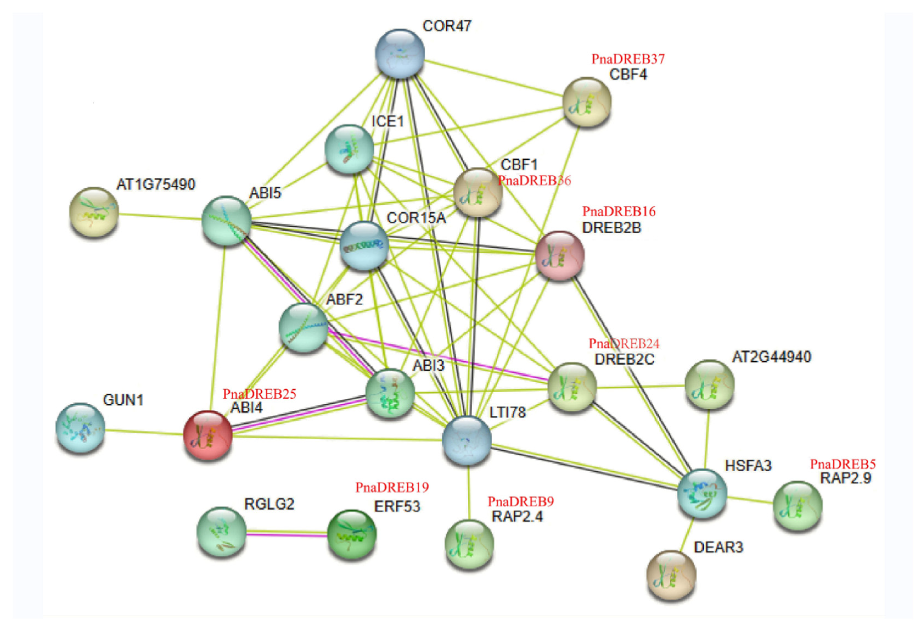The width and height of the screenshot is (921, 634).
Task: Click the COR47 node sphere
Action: click(x=400, y=53)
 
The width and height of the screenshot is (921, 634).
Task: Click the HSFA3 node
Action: click(x=702, y=494)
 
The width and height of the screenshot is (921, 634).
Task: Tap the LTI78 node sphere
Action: click(x=467, y=440)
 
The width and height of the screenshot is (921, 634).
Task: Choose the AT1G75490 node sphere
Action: click(x=94, y=212)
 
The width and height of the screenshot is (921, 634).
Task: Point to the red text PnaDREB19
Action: click(x=392, y=487)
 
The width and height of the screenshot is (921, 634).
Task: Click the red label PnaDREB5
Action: click(x=843, y=464)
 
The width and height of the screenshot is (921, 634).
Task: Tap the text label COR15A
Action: click(x=416, y=218)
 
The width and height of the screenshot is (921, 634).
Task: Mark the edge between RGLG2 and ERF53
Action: click(x=286, y=534)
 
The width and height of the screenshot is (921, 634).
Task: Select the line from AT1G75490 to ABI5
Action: click(x=159, y=216)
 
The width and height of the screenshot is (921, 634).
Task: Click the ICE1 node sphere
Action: click(x=349, y=149)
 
